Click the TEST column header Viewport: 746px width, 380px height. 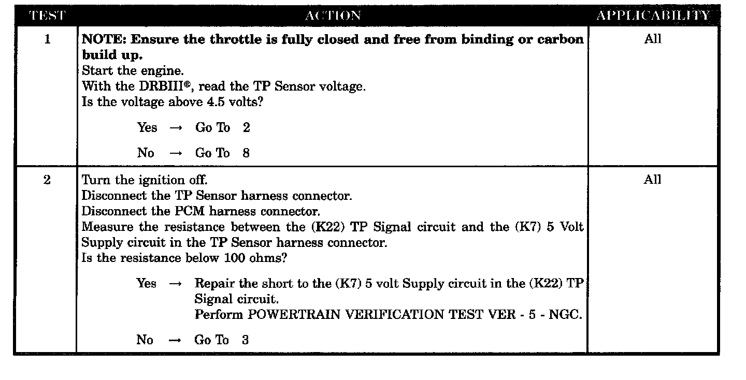click(x=47, y=16)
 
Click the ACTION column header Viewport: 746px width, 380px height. click(x=333, y=16)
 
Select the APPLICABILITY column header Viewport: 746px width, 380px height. click(x=653, y=16)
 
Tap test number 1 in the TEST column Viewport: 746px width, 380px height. click(x=48, y=40)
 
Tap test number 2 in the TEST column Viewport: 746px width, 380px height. click(x=47, y=180)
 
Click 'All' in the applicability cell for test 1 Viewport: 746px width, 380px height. click(x=653, y=39)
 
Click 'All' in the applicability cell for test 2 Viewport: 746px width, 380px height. click(x=653, y=180)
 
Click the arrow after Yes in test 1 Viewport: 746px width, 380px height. click(x=176, y=128)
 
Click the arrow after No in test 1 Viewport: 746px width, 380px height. click(x=176, y=153)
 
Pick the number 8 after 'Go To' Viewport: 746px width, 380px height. click(x=246, y=153)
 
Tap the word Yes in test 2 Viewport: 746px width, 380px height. click(x=147, y=283)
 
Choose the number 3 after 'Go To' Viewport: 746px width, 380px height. click(x=245, y=340)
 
